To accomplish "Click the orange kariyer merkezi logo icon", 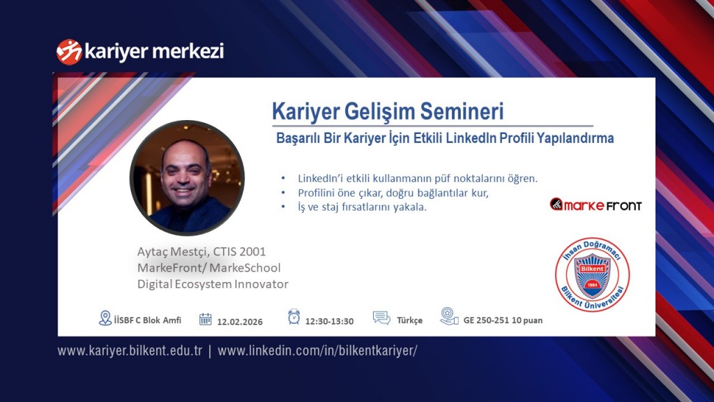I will (69, 52).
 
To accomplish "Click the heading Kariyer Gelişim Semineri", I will (387, 112).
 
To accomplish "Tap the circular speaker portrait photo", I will (187, 177).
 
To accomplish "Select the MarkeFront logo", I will (595, 204).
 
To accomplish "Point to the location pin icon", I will (105, 318).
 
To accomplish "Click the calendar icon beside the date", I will (205, 320).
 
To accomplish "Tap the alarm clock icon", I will (294, 318).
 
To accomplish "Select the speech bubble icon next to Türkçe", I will (381, 318).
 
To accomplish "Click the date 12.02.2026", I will (240, 322).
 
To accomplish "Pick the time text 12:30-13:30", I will (330, 321).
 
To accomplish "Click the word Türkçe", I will (410, 321).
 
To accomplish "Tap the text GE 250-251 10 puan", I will (503, 321).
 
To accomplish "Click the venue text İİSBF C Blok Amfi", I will (148, 320).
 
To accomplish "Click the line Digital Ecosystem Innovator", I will (213, 284).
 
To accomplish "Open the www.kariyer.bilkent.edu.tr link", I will (130, 351).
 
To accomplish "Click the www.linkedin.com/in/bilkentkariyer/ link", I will (317, 351).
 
